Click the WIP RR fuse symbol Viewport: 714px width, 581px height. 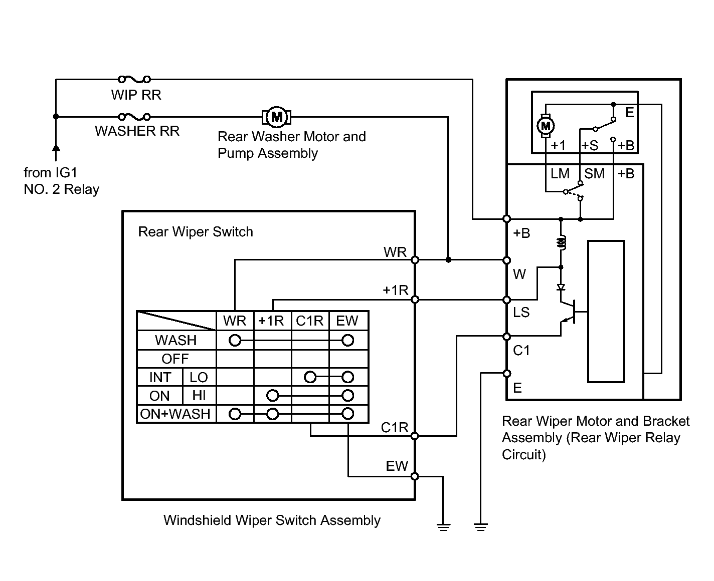[x=134, y=79]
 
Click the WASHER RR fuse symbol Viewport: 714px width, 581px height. [x=134, y=117]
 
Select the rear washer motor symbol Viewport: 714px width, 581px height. [x=277, y=117]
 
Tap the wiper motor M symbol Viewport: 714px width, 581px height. [x=546, y=126]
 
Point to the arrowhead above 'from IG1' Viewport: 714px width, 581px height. [x=56, y=148]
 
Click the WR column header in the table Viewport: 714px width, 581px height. [x=235, y=321]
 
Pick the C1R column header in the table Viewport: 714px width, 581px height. [x=309, y=321]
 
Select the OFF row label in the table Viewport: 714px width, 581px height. [x=175, y=359]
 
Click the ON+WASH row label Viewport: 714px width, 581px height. [x=175, y=414]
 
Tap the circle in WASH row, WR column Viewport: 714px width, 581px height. [x=235, y=341]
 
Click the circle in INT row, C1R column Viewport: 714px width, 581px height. [x=310, y=377]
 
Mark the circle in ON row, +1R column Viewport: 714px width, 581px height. [x=272, y=396]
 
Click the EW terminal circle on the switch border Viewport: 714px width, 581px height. [x=415, y=476]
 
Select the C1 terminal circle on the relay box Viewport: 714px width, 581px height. [x=506, y=337]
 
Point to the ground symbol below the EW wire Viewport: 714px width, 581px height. [x=443, y=527]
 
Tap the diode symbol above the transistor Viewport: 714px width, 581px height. [x=561, y=287]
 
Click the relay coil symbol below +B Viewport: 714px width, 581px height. [x=561, y=242]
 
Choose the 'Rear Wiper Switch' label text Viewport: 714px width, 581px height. [x=196, y=232]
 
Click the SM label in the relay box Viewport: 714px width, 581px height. [x=594, y=173]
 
